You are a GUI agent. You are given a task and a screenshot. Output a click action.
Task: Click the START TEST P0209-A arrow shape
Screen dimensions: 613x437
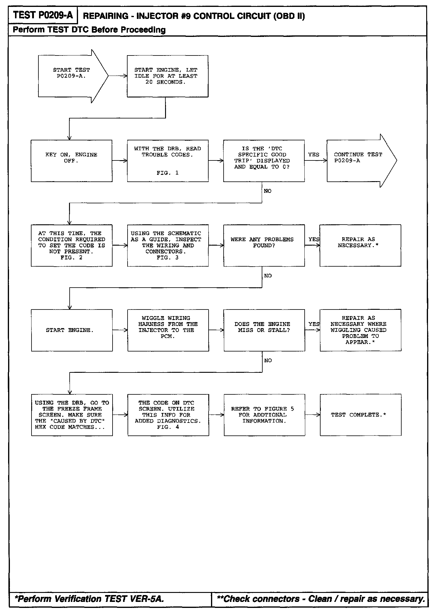(72, 76)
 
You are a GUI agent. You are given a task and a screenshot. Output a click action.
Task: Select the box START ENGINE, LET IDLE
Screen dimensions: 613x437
(167, 76)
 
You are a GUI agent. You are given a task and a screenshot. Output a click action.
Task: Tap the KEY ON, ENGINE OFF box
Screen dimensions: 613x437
(72, 161)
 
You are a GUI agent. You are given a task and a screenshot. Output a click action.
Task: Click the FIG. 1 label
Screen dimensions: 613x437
(167, 173)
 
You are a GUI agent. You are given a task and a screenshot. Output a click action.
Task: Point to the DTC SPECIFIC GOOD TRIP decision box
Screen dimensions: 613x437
(264, 161)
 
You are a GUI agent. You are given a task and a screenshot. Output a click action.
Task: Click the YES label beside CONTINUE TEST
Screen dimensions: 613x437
(314, 155)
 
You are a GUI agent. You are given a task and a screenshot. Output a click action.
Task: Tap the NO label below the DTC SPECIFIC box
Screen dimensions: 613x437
(267, 191)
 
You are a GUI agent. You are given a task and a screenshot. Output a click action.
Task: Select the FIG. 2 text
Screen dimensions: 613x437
(71, 258)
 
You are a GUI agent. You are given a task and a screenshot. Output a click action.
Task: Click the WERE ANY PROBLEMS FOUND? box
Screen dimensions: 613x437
(264, 245)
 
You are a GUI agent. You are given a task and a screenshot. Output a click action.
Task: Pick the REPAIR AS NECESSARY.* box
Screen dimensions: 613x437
(360, 245)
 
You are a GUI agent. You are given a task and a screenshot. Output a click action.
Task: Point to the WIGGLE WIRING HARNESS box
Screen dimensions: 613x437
(168, 330)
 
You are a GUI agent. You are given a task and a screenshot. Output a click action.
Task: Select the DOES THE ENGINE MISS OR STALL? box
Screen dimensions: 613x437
(264, 330)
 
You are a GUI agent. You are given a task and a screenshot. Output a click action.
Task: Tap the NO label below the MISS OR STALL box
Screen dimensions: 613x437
(268, 360)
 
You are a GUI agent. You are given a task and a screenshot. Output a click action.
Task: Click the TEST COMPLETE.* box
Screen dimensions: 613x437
(360, 415)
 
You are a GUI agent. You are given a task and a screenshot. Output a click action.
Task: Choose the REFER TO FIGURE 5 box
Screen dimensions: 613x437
(264, 415)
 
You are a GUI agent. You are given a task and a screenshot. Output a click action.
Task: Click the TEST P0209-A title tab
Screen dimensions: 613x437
(43, 15)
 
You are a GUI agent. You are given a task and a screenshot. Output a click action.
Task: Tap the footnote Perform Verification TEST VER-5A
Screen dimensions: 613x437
(89, 599)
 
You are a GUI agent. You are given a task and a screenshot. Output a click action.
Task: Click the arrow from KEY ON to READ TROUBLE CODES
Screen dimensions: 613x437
(120, 161)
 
